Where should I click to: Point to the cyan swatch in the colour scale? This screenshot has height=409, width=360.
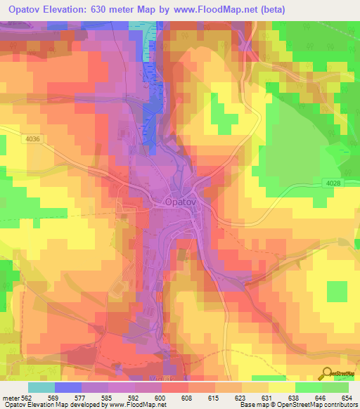(x=41, y=387)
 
